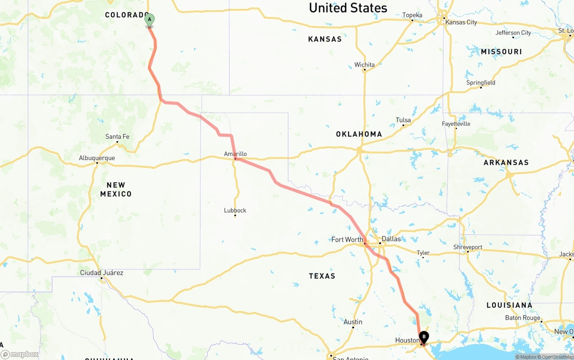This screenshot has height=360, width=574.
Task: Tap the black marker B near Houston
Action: point(424,337)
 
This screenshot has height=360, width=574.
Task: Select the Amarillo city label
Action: point(235,154)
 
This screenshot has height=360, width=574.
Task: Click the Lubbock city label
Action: point(235,210)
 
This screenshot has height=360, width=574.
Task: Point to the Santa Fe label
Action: point(117,136)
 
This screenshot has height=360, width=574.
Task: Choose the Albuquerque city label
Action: point(97,158)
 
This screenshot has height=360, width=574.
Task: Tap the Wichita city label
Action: point(365,65)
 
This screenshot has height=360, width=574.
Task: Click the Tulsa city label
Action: point(403,120)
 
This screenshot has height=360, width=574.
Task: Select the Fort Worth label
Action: point(347,239)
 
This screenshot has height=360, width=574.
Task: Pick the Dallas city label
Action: point(391,239)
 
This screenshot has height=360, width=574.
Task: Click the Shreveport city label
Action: point(468,247)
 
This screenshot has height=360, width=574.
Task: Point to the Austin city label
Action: point(353,322)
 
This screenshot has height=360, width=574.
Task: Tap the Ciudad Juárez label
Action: point(101,273)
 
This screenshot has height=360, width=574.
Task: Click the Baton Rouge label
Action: point(522,318)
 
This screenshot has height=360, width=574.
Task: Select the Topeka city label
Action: point(412,15)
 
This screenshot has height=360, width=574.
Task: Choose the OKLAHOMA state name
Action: point(359,134)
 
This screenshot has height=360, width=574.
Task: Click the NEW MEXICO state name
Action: point(116,189)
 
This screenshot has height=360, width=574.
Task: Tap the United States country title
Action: point(348,8)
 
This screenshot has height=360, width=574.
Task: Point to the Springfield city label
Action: point(481,82)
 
